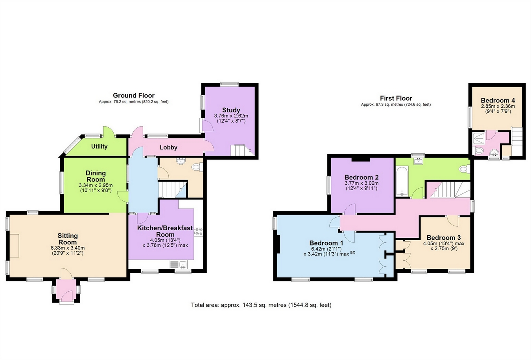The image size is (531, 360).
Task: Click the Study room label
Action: (x=231, y=110)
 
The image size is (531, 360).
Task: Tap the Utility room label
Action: (x=99, y=147)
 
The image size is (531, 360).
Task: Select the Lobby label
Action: (x=168, y=147)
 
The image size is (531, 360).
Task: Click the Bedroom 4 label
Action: (x=498, y=101)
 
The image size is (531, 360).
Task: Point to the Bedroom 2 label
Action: (x=361, y=177)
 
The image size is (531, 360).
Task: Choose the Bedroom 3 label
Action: (x=443, y=238)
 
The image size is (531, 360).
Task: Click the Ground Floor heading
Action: (x=134, y=96)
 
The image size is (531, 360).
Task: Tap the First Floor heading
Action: (x=396, y=98)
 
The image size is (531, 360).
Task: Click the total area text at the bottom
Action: (x=261, y=305)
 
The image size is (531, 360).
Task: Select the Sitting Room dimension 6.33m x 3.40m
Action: (x=68, y=248)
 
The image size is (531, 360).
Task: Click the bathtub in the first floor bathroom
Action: (x=402, y=181)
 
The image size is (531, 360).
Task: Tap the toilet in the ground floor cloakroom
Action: (x=196, y=167)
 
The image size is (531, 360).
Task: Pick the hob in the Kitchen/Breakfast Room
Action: (x=198, y=231)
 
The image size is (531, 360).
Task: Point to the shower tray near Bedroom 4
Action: (x=479, y=137)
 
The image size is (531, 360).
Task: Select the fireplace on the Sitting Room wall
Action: (x=14, y=246)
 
